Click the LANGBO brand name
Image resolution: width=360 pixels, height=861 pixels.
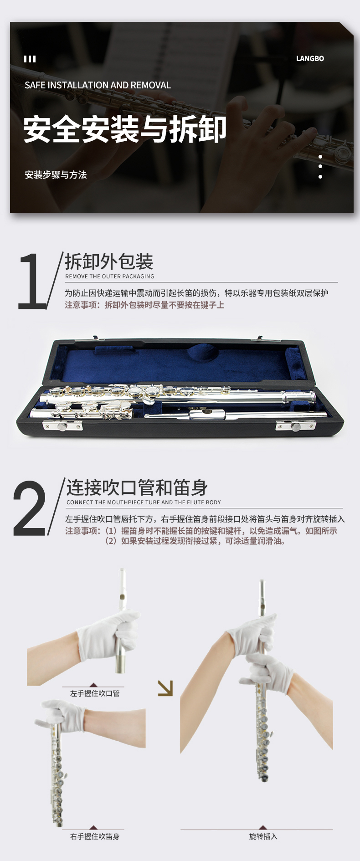click(310, 58)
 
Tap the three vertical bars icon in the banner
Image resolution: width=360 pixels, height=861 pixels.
click(30, 59)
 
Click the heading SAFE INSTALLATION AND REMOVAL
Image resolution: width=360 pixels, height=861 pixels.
click(98, 85)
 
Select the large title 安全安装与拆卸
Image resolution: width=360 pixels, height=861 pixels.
click(125, 129)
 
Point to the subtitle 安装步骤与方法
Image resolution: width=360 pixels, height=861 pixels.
click(56, 174)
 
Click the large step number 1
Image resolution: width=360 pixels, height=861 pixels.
click(31, 281)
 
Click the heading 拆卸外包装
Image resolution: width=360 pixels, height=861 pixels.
click(109, 261)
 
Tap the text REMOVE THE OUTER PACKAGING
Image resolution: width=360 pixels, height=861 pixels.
click(109, 277)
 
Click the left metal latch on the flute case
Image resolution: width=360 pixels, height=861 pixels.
click(62, 425)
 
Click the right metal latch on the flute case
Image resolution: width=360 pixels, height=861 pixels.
click(296, 426)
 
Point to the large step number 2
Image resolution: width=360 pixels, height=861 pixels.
click(30, 508)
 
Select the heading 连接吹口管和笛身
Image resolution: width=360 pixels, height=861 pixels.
click(137, 487)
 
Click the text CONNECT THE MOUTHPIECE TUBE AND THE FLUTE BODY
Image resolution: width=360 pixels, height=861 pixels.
click(144, 502)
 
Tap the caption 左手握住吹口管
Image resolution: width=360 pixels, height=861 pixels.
click(95, 693)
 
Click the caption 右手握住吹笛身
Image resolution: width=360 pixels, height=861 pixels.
click(95, 836)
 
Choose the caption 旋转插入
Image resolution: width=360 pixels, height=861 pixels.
click(263, 836)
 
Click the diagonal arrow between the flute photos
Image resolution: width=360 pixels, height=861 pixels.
click(165, 688)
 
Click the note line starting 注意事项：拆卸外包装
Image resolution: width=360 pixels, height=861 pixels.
click(144, 305)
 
